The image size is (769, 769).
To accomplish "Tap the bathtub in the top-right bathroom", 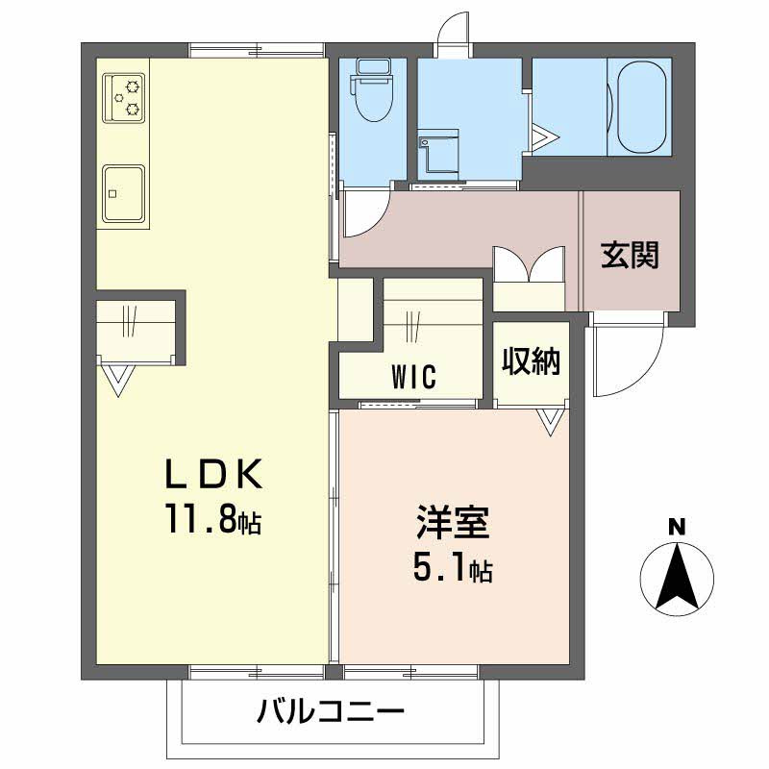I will [x=642, y=107].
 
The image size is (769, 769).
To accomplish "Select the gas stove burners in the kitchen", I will [x=125, y=97].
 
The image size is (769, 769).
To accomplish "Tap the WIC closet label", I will [x=413, y=376].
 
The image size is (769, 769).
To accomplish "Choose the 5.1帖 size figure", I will [x=452, y=571].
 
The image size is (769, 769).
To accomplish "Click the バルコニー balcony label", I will [x=330, y=713].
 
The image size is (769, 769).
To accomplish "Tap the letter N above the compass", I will [x=677, y=527].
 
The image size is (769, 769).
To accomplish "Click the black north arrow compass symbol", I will [x=677, y=577].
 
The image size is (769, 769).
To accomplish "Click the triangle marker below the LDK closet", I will [x=118, y=379].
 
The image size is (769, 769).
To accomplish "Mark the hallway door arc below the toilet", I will [x=362, y=212].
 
